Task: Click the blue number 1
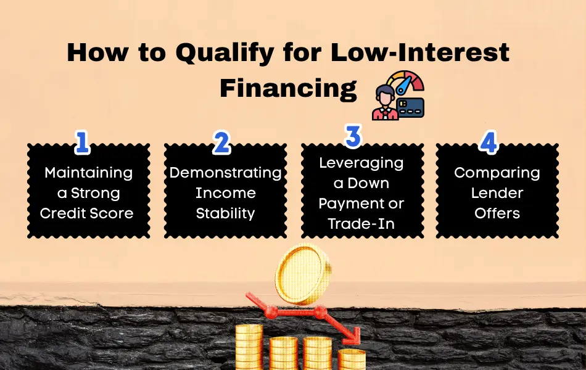[x=83, y=142]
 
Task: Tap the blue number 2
[x=221, y=142]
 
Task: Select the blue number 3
[x=353, y=136]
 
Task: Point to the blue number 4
[x=489, y=142]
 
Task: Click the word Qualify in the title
[x=225, y=54]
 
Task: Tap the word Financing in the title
[x=288, y=89]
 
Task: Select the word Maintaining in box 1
[x=89, y=173]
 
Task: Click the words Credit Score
[x=87, y=213]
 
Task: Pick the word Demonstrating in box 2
[x=225, y=173]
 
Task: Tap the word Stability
[x=225, y=214]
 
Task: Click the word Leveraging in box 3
[x=361, y=163]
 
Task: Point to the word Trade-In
[x=361, y=224]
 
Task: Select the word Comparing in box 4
[x=497, y=173]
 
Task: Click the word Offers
[x=497, y=213]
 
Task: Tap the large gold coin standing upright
[x=303, y=274]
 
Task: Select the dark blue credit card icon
[x=411, y=108]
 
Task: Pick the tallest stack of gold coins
[x=249, y=347]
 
